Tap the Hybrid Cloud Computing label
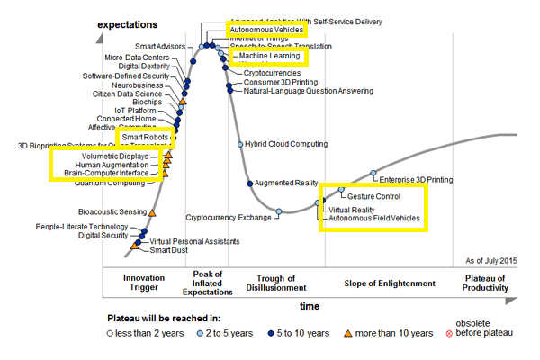pyautogui.click(x=286, y=144)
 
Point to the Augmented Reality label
pyautogui.click(x=287, y=183)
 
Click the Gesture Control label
pyautogui.click(x=373, y=196)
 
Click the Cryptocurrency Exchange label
pyautogui.click(x=229, y=218)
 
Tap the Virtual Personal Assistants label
pyautogui.click(x=194, y=241)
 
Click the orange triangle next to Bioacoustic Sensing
pyautogui.click(x=151, y=212)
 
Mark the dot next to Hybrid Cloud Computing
pyautogui.click(x=239, y=144)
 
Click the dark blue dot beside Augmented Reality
pyautogui.click(x=249, y=183)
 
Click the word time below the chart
pyautogui.click(x=310, y=306)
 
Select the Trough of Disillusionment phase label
pyautogui.click(x=276, y=283)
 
